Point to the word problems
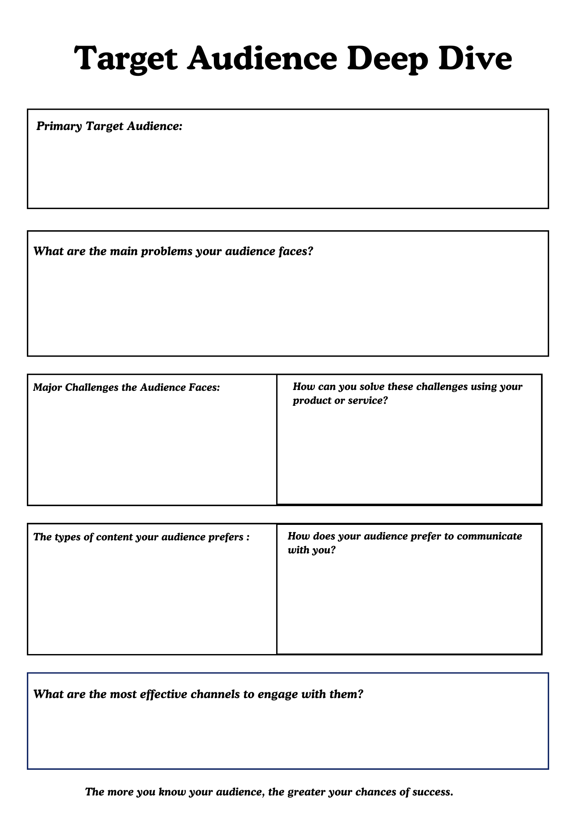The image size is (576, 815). point(166,252)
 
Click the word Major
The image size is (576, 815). point(47,387)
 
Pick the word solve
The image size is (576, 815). point(371,386)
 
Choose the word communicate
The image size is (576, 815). point(489,536)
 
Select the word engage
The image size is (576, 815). point(278,694)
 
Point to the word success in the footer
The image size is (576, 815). point(433,792)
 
